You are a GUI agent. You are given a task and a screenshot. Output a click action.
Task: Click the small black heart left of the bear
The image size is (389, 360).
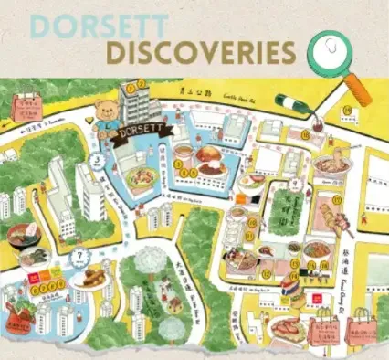88,119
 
